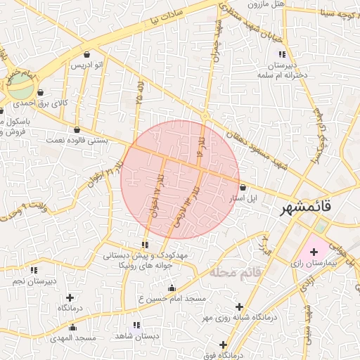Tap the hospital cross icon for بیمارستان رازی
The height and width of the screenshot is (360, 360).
pyautogui.click(x=314, y=251)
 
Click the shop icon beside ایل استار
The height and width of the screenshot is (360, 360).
pyautogui.click(x=243, y=188)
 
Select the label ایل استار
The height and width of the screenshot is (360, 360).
pyautogui.click(x=245, y=198)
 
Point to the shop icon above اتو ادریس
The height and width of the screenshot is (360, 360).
pyautogui.click(x=86, y=54)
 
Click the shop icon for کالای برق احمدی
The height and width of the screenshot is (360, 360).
pyautogui.click(x=40, y=92)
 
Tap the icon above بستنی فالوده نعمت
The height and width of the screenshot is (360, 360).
pyautogui.click(x=77, y=129)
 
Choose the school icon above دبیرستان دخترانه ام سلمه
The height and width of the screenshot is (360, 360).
pyautogui.click(x=281, y=54)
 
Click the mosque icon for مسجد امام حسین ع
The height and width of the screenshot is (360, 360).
pyautogui.click(x=172, y=288)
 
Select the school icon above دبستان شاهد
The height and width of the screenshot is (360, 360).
pyautogui.click(x=136, y=326)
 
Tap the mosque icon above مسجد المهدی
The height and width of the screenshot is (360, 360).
pyautogui.click(x=72, y=327)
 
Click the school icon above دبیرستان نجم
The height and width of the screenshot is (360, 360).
pyautogui.click(x=33, y=270)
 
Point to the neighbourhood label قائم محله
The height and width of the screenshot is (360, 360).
pyautogui.click(x=235, y=271)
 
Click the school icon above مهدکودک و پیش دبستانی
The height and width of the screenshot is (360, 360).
pyautogui.click(x=145, y=245)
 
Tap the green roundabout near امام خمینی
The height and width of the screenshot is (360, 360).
pyautogui.click(x=22, y=89)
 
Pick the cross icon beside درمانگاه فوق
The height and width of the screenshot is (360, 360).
pyautogui.click(x=224, y=345)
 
